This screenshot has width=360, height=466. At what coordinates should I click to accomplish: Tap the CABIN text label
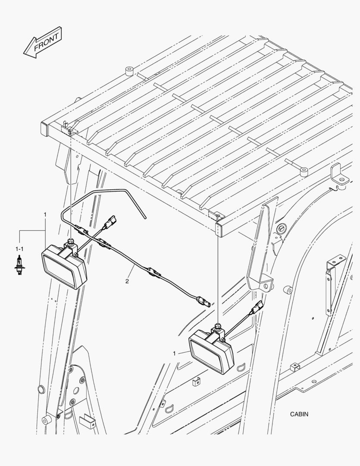[299, 414]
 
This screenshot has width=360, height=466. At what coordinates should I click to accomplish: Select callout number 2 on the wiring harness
[127, 281]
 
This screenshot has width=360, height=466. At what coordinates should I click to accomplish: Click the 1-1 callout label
[20, 249]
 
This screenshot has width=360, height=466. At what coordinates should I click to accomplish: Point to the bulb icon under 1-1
[19, 263]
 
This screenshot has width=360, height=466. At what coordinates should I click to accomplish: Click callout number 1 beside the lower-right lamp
[174, 353]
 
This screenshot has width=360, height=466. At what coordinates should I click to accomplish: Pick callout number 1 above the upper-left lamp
[45, 214]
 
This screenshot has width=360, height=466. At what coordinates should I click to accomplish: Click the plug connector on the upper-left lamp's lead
[110, 221]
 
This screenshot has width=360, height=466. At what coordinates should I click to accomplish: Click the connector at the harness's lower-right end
[203, 301]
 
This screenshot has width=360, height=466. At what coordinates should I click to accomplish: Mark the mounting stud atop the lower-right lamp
[218, 326]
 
